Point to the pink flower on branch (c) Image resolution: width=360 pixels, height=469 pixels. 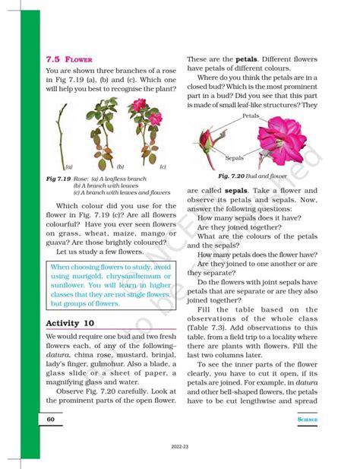coord(155,119)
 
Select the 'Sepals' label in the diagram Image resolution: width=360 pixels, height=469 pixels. coord(234,158)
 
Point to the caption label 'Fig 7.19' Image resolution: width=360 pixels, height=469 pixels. coord(58,178)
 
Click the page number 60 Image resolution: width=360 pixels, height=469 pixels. coord(49,419)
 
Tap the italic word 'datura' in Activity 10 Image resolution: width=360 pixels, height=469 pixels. coord(58,357)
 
